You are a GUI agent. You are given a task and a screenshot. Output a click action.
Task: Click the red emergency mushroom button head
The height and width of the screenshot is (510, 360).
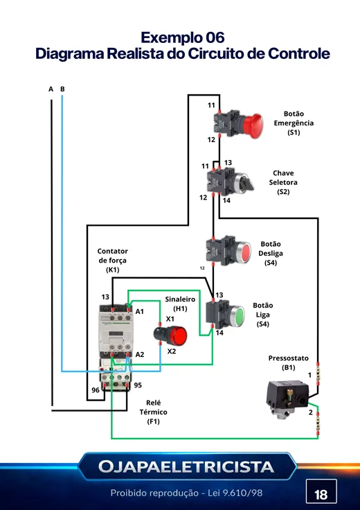point(253,126)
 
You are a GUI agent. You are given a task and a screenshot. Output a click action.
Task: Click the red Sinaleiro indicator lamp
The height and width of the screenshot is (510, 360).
point(178,336)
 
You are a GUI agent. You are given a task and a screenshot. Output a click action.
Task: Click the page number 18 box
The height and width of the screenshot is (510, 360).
point(321,495)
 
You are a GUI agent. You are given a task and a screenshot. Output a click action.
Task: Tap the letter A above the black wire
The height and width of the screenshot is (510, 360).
point(51,89)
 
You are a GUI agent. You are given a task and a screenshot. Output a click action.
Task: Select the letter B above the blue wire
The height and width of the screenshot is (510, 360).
point(62,89)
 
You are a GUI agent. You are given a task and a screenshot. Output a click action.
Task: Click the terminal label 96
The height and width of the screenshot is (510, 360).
point(96,390)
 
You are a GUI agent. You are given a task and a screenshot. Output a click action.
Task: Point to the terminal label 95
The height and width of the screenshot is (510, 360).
point(138,385)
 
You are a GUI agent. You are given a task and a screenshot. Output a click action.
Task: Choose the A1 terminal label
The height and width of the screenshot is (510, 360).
point(139,312)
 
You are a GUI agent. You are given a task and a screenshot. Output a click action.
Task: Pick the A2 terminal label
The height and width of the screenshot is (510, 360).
point(140,355)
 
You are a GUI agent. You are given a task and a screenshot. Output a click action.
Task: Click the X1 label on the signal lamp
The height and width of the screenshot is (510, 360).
point(170,319)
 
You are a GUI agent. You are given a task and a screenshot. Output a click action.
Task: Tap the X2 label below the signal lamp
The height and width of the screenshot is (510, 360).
point(172,351)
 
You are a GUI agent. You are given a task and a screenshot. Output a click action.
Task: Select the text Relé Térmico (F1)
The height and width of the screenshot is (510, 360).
point(154,412)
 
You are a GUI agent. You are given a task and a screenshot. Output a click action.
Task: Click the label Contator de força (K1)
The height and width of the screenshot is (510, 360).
point(112,261)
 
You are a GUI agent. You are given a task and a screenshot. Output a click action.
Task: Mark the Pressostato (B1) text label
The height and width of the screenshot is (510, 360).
point(288,362)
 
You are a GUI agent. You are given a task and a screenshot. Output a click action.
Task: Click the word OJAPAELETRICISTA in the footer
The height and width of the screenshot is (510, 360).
point(186,467)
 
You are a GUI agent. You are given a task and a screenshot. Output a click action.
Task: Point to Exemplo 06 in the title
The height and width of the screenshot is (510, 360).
point(183,37)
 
